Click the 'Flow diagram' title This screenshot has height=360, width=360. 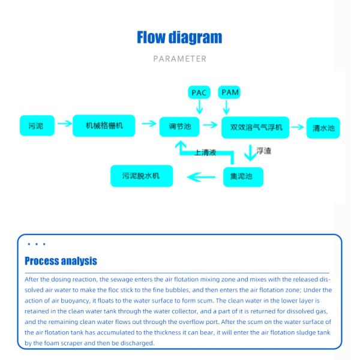click(179, 37)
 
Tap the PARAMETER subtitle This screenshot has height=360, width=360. click(179, 59)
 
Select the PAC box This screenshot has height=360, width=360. click(199, 92)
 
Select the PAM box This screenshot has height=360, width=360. click(229, 92)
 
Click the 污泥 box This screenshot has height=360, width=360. click(36, 126)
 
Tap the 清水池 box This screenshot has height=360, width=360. click(323, 128)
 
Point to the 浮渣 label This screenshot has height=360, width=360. click(264, 151)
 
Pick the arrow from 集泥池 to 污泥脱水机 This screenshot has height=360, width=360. click(200, 176)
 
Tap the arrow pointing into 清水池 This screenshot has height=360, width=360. click(298, 126)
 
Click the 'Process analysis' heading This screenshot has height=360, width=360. click(61, 262)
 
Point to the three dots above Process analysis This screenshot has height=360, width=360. click(36, 245)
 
